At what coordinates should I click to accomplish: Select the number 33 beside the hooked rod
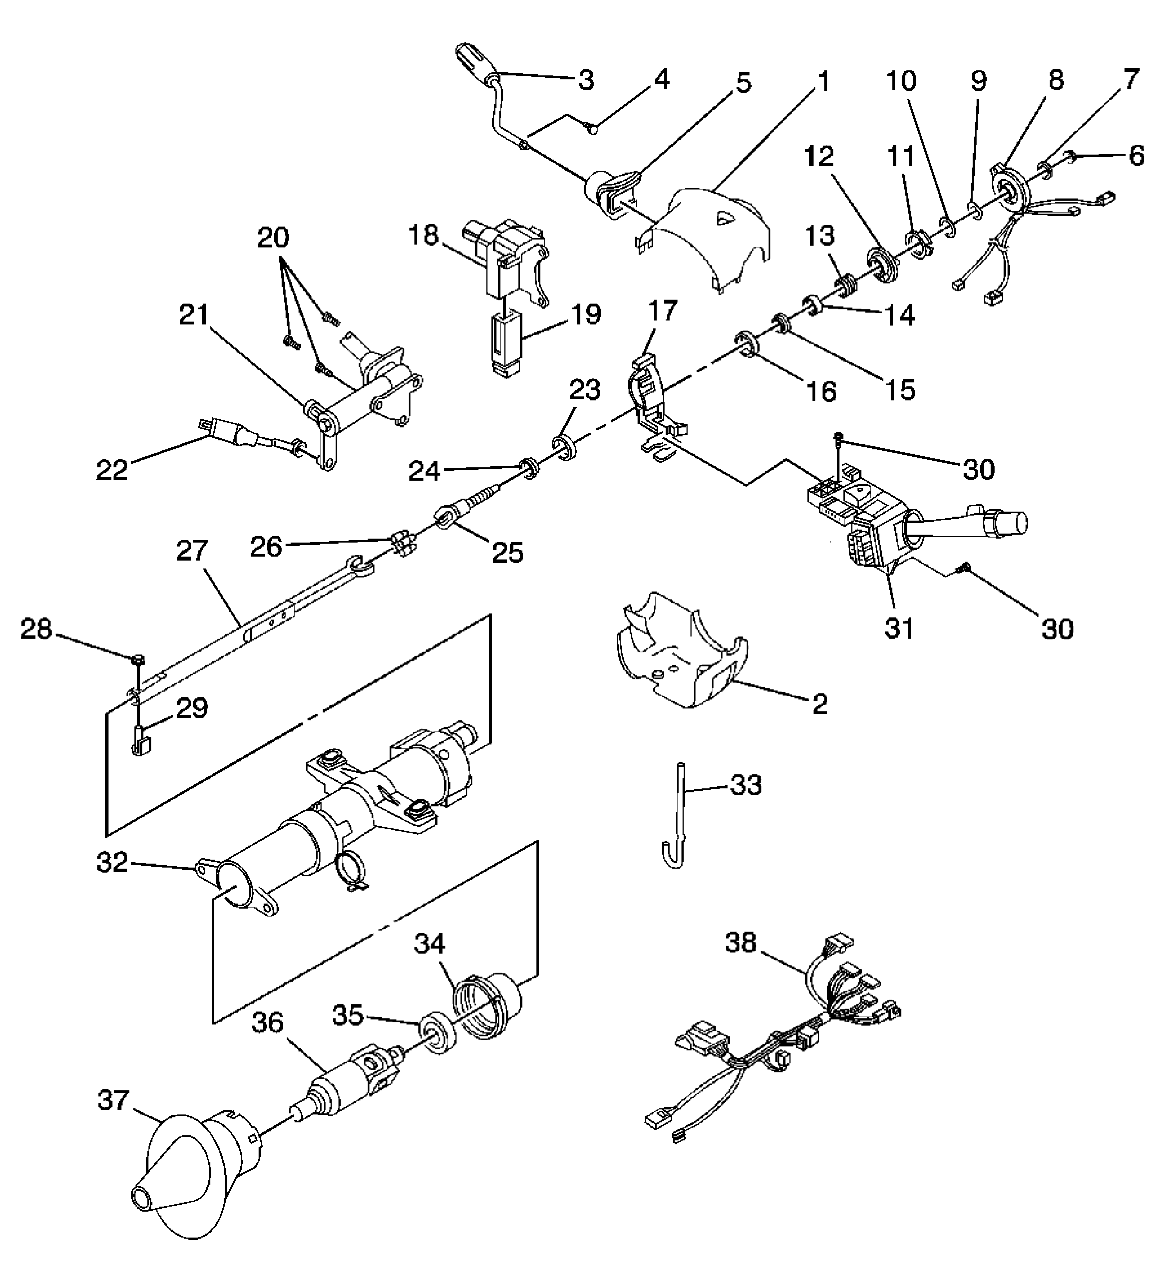tap(746, 785)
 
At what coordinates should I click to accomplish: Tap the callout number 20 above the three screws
tap(273, 237)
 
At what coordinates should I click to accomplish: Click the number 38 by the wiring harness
tap(741, 942)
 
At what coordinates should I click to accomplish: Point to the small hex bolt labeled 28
tap(137, 660)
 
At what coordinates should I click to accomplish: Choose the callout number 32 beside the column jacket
tap(112, 863)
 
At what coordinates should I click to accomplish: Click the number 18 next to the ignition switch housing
tap(423, 234)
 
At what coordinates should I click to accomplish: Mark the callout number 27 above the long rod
tap(192, 550)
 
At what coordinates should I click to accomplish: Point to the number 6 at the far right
tap(1136, 156)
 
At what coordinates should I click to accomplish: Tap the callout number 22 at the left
tap(112, 470)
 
